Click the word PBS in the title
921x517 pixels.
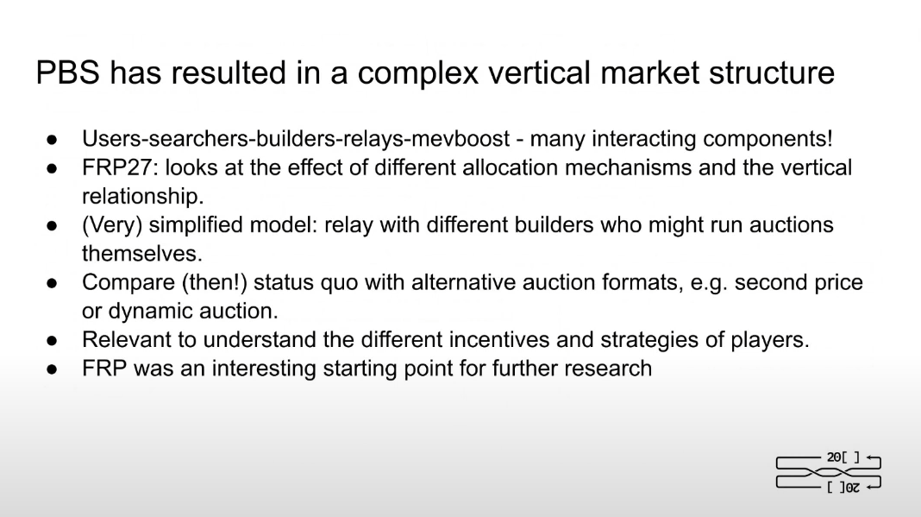pyautogui.click(x=67, y=73)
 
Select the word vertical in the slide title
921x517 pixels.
pyautogui.click(x=539, y=73)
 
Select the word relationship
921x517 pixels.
pyautogui.click(x=143, y=196)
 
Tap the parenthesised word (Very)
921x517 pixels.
pyautogui.click(x=112, y=224)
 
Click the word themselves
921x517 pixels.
pyautogui.click(x=142, y=254)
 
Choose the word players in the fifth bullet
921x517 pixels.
pyautogui.click(x=769, y=340)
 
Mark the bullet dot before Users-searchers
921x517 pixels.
pyautogui.click(x=52, y=140)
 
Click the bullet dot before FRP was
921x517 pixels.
pyautogui.click(x=52, y=369)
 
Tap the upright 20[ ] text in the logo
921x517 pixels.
pyautogui.click(x=843, y=457)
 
